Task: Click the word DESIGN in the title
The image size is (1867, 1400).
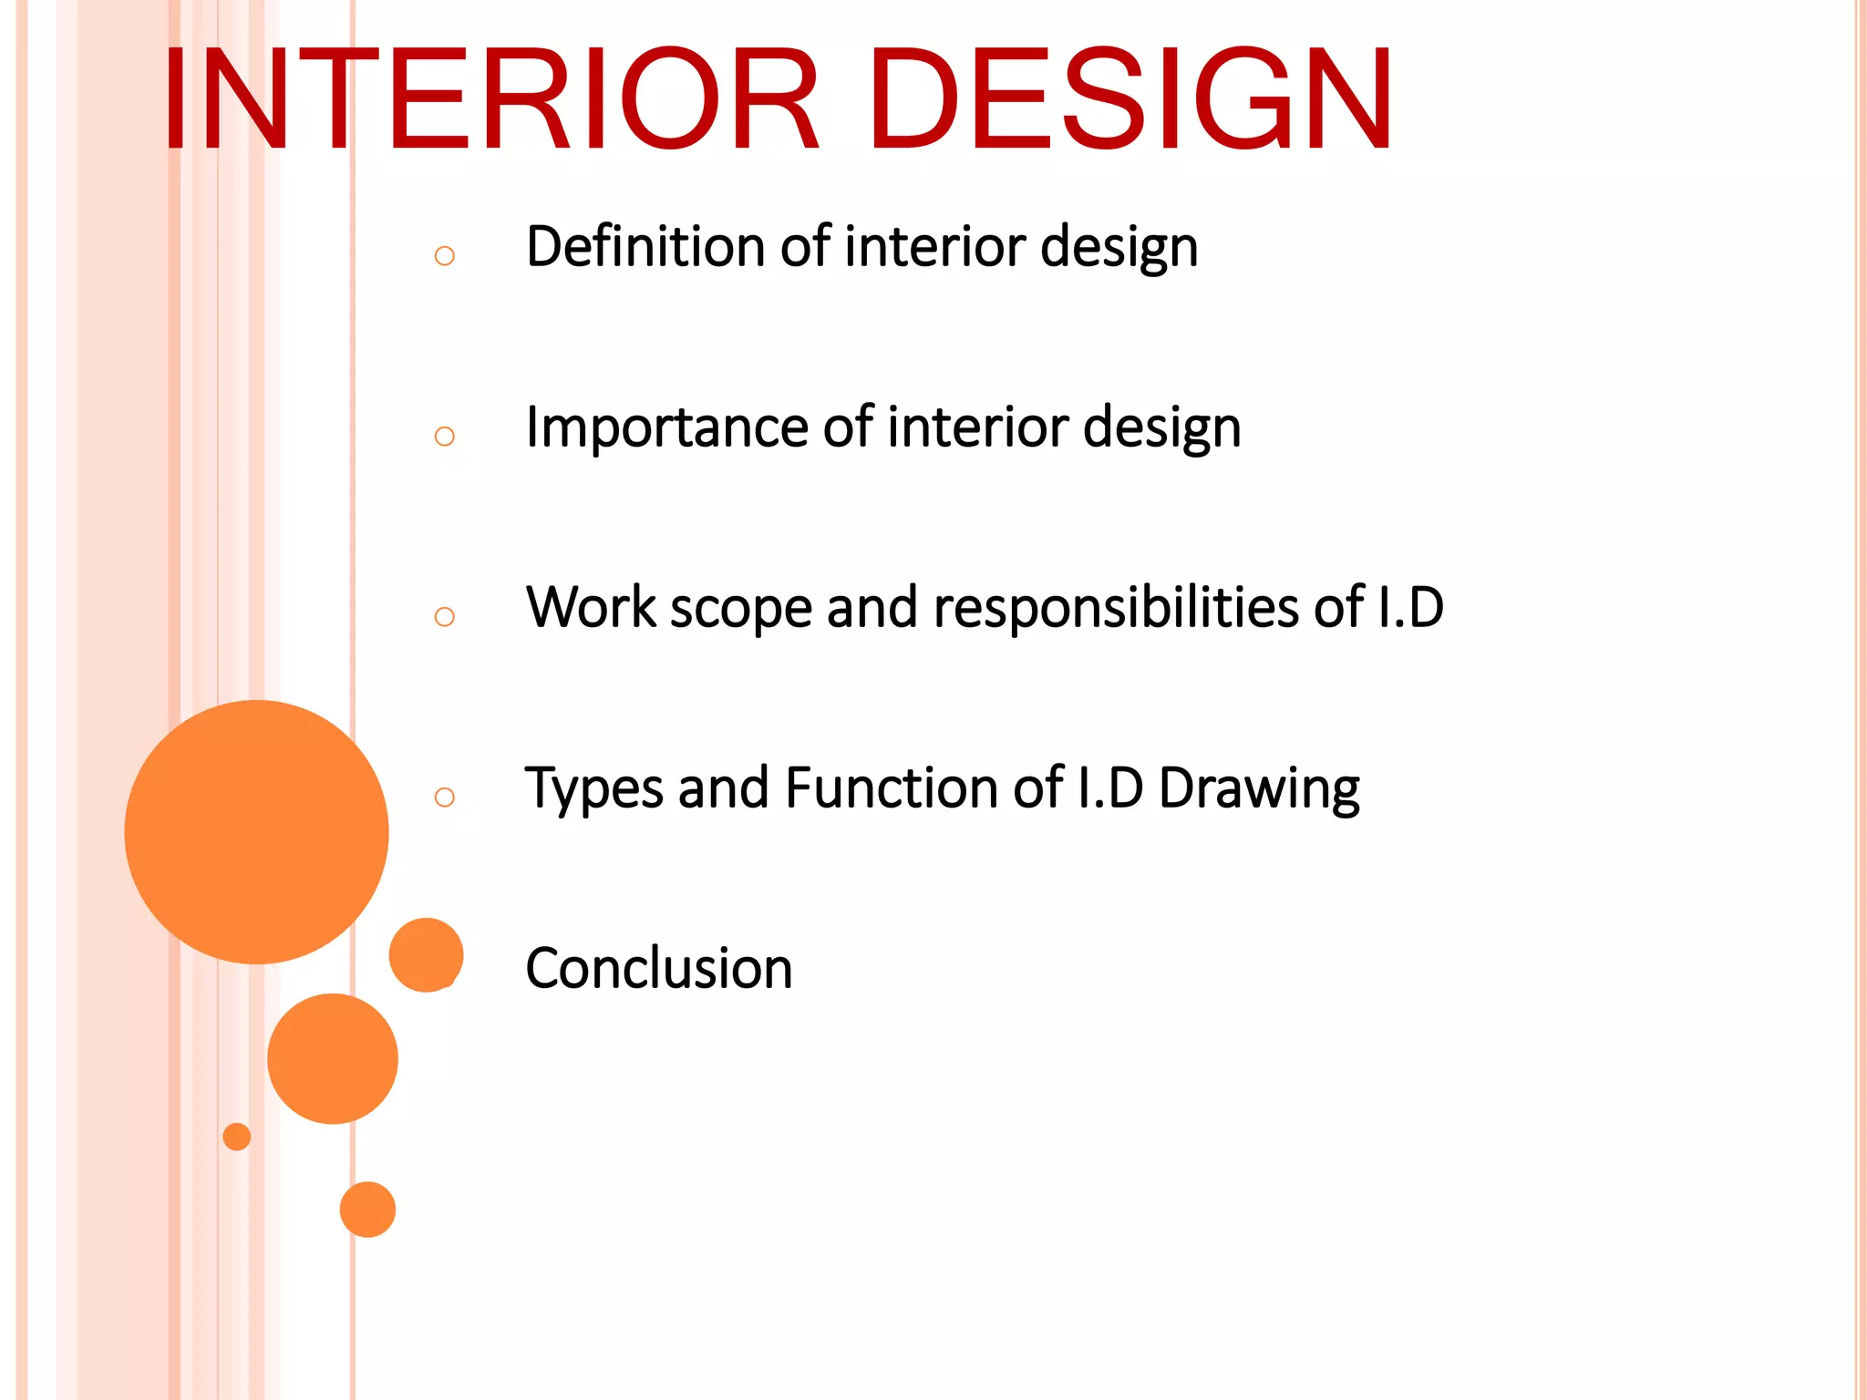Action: [1130, 98]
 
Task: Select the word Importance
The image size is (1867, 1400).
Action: [666, 427]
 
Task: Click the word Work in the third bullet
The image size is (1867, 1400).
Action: [591, 608]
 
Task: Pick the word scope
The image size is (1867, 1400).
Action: [740, 610]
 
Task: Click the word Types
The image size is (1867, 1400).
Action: [593, 789]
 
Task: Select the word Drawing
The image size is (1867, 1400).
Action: [1259, 789]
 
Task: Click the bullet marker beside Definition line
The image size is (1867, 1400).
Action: [444, 256]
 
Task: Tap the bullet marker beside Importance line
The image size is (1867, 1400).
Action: [444, 437]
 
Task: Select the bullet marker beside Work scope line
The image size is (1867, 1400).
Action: [444, 617]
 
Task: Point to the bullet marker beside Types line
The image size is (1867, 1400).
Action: [444, 798]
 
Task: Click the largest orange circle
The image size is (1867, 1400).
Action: [256, 831]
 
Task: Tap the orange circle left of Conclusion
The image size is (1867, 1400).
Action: [426, 954]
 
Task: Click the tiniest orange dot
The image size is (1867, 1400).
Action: [236, 1137]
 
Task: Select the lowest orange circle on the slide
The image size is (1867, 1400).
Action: [367, 1210]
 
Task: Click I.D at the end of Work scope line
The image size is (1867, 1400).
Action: [1410, 608]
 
